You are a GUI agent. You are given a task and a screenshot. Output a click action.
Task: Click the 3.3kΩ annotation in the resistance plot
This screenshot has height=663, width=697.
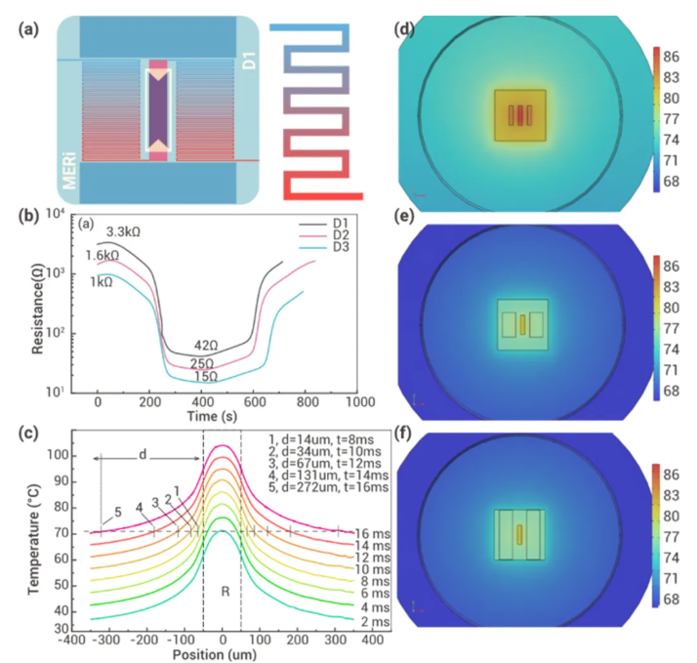pyautogui.click(x=123, y=232)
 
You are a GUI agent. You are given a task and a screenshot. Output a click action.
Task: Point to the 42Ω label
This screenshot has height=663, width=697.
pyautogui.click(x=206, y=346)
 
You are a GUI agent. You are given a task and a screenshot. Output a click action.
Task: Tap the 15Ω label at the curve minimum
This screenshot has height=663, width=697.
pyautogui.click(x=206, y=377)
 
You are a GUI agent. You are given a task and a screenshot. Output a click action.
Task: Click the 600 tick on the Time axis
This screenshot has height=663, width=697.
pyautogui.click(x=255, y=402)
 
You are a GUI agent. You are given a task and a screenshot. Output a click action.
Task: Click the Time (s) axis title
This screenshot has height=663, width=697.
pyautogui.click(x=212, y=417)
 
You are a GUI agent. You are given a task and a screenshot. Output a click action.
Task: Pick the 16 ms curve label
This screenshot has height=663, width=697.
pyautogui.click(x=373, y=534)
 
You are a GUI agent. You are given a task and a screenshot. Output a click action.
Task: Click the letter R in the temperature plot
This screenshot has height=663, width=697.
pyautogui.click(x=225, y=592)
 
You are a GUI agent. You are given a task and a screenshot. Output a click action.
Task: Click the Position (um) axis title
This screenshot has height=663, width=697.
pyautogui.click(x=215, y=654)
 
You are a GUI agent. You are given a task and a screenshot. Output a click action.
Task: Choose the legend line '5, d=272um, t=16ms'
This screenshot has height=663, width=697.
pyautogui.click(x=329, y=487)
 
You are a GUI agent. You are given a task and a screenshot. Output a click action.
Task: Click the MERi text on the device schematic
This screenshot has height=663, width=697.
pyautogui.click(x=69, y=171)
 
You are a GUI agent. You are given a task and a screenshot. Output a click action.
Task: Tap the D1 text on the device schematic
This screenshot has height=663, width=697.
pyautogui.click(x=249, y=61)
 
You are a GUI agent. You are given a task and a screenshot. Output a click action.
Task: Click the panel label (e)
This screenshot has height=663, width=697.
pyautogui.click(x=404, y=216)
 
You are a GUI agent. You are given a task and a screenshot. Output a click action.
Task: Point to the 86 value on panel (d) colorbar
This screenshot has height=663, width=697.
pyautogui.click(x=672, y=57)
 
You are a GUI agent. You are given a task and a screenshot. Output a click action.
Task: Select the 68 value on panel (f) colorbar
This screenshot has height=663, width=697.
pyautogui.click(x=672, y=600)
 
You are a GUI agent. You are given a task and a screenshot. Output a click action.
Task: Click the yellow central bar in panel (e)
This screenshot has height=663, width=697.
pyautogui.click(x=523, y=324)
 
